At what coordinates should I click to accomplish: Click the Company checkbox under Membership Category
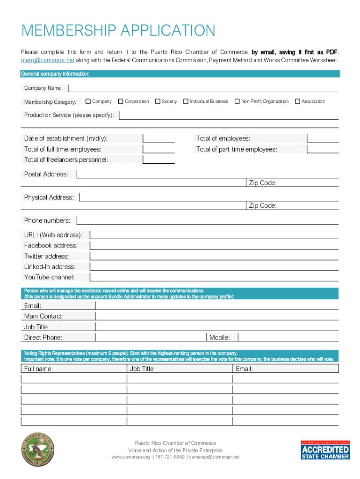pos(88,101)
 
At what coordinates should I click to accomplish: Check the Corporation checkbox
pos(121,101)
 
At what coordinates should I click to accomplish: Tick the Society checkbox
pos(158,101)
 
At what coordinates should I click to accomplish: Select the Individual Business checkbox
pos(186,101)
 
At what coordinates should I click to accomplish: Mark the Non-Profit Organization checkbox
pos(237,101)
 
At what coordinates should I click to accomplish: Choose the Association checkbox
pos(297,101)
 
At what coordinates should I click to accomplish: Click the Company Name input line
pos(203,87)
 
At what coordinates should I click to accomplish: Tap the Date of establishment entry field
pos(159,138)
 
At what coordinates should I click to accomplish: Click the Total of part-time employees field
pos(323,149)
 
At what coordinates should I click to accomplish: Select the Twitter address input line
pos(214,256)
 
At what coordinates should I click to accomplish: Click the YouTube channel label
pos(49,277)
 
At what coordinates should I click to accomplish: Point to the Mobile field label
pos(219,337)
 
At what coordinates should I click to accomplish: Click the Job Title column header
pos(142,369)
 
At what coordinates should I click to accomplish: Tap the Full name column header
pos(38,369)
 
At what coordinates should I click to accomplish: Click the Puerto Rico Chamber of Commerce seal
pos(38,450)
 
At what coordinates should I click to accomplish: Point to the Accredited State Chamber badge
pos(325,450)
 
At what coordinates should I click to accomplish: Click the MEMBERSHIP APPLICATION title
pos(118,31)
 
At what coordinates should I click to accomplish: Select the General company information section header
pos(55,74)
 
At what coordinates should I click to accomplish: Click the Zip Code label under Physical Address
pos(262,206)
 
